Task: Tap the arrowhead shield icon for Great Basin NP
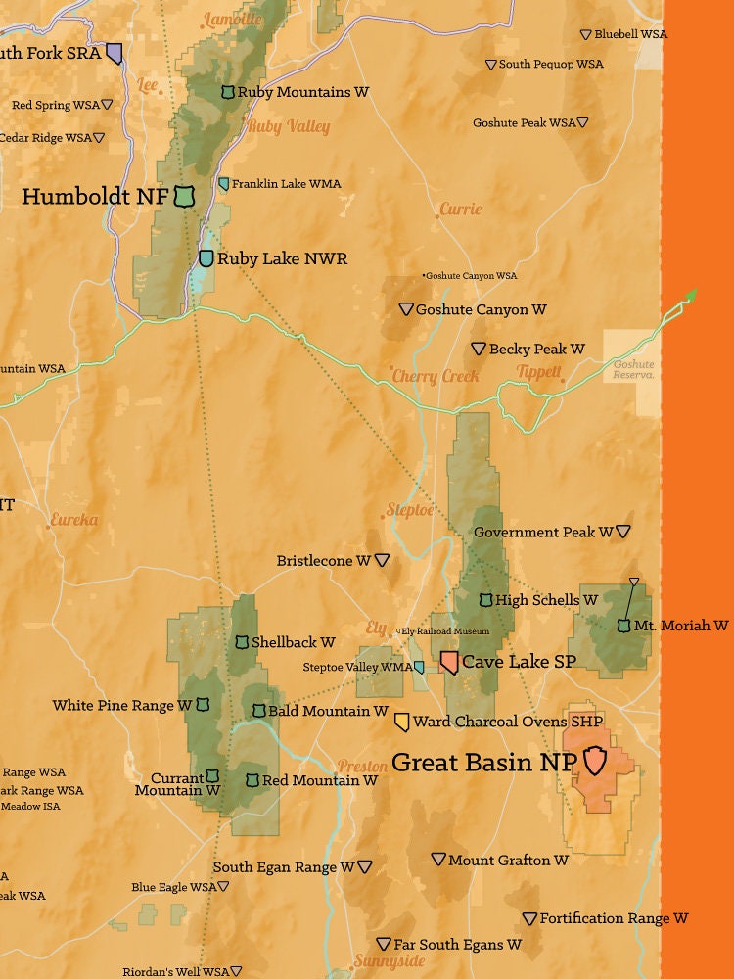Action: click(595, 760)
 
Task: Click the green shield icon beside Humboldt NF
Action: click(182, 197)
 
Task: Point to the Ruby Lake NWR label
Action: click(282, 259)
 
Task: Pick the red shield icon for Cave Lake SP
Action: click(449, 662)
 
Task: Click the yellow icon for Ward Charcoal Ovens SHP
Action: click(401, 722)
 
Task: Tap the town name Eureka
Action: click(74, 520)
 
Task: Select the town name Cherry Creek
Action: click(436, 376)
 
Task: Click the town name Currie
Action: click(460, 209)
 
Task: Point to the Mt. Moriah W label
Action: click(681, 625)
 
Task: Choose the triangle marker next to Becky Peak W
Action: click(479, 349)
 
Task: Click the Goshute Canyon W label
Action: click(481, 309)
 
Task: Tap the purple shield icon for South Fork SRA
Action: click(115, 53)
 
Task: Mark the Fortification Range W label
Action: click(614, 918)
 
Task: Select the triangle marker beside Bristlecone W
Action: click(382, 561)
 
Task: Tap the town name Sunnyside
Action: click(390, 961)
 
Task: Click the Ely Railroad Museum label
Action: click(445, 631)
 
